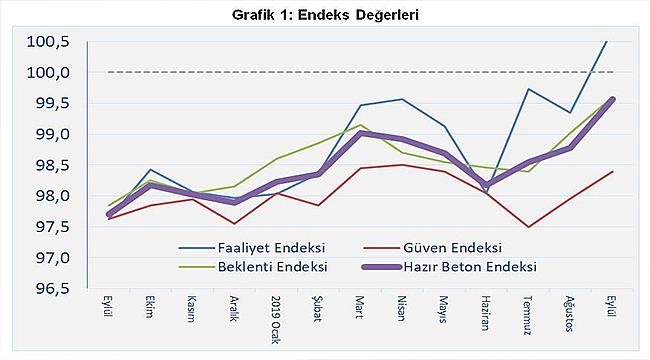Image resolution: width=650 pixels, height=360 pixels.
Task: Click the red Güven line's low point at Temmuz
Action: [528, 227]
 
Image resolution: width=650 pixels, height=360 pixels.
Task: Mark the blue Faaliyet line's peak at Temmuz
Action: [528, 89]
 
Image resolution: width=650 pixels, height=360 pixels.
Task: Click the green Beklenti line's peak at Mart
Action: [361, 125]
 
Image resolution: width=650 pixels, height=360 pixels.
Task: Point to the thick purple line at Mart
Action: [361, 133]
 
